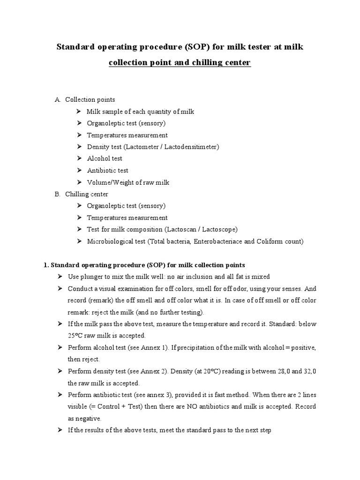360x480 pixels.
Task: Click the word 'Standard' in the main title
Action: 76,47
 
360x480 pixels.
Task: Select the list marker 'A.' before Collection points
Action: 58,99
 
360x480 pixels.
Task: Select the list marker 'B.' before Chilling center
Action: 58,194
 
